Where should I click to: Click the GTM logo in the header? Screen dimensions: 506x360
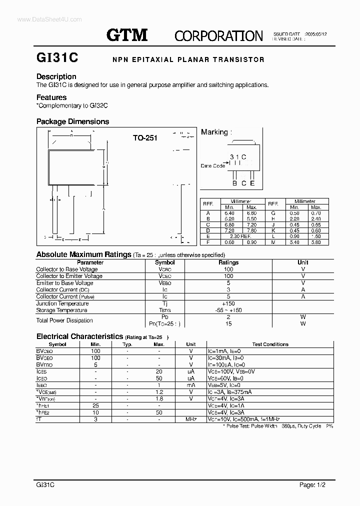pos(127,34)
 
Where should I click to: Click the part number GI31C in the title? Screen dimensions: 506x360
pos(57,58)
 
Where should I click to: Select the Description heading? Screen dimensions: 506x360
pos(56,76)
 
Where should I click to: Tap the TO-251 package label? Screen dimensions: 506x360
pos(145,137)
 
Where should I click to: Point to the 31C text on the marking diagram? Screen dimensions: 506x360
pos(238,157)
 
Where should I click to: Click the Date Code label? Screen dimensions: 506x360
pos(213,165)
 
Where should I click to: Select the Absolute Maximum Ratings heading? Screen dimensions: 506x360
pos(83,254)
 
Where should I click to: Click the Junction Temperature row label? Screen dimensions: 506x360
pos(62,303)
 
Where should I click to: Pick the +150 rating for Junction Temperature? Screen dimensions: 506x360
pos(228,303)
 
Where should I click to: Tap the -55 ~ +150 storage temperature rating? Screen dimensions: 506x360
pos(228,310)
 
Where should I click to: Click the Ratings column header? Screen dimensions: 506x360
pos(228,262)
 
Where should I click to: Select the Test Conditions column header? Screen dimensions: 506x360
pos(270,344)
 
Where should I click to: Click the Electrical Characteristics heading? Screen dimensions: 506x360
pos(79,336)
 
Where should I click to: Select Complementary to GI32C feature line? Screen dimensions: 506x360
pos(72,105)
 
